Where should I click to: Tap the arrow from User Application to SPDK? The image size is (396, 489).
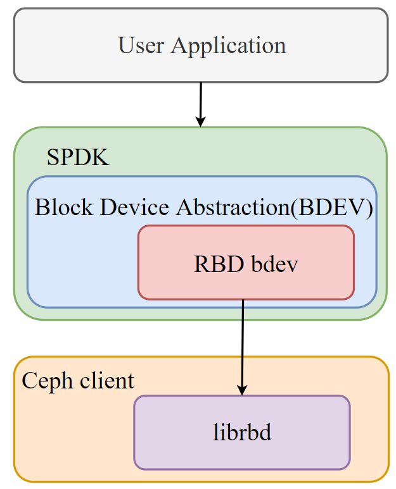tap(201, 101)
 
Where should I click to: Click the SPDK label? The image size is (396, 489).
tap(78, 158)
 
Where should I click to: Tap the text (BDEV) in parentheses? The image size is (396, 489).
tap(331, 207)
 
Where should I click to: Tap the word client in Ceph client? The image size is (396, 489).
tap(106, 381)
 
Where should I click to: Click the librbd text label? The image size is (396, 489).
tap(241, 433)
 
